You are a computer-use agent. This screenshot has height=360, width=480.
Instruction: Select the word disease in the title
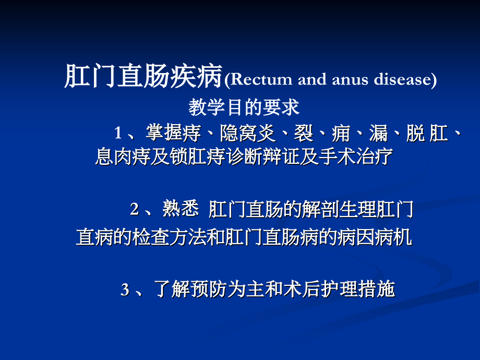402,80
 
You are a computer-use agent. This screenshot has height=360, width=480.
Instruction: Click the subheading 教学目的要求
244,107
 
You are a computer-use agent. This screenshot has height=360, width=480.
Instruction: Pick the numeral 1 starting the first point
118,134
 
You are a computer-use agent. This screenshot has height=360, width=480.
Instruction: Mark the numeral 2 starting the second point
134,210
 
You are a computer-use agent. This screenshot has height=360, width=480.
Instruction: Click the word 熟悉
181,210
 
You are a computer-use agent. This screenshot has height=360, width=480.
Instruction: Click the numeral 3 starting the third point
125,290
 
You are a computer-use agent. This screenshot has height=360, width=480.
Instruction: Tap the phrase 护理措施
366,290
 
